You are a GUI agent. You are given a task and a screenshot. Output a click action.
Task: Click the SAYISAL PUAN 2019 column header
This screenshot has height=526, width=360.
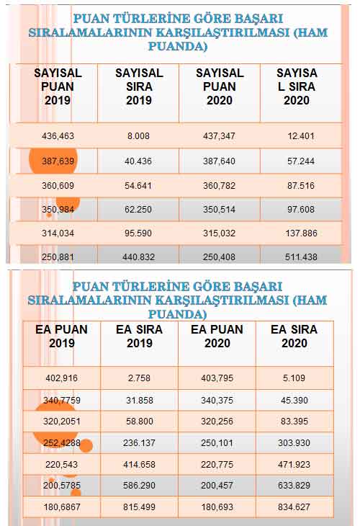(58, 87)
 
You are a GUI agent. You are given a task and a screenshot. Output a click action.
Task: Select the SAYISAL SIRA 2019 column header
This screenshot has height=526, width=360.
(139, 87)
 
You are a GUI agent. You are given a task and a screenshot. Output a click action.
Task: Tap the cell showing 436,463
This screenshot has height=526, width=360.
(58, 135)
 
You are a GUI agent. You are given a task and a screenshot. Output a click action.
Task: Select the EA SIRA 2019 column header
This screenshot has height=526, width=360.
(139, 336)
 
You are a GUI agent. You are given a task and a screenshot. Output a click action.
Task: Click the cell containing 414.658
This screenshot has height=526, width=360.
(140, 465)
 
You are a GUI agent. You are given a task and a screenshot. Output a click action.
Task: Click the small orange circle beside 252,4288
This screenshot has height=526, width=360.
(86, 446)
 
